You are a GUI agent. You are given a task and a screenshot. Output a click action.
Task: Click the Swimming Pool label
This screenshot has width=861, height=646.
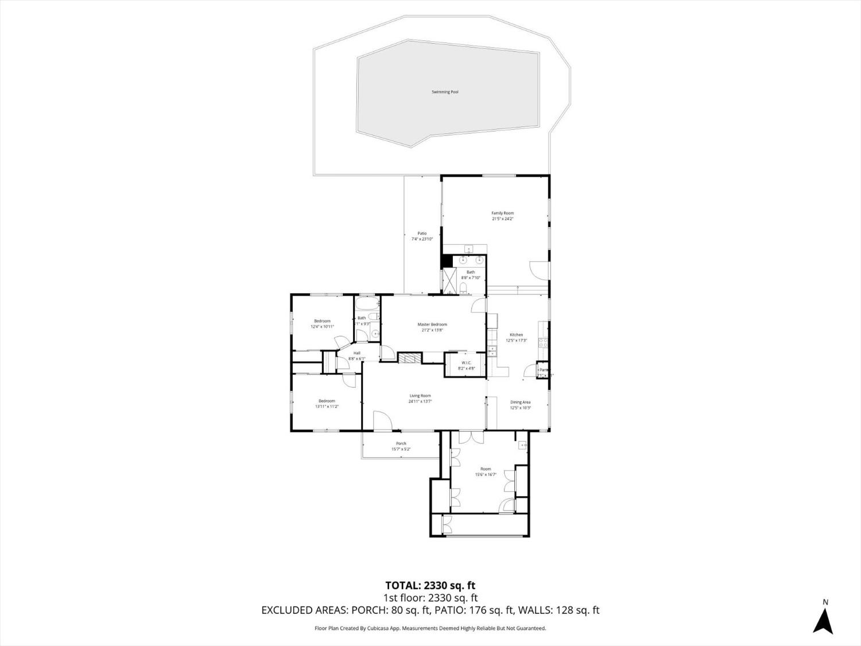pos(445,92)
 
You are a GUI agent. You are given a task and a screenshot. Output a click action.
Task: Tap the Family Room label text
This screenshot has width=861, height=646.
pos(502,213)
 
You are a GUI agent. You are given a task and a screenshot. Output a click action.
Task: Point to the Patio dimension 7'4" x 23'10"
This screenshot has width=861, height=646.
pos(422,239)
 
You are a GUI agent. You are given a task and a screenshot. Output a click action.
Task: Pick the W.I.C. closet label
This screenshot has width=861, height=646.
pos(466,362)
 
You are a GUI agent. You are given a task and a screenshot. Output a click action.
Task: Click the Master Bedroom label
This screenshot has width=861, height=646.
pos(432,324)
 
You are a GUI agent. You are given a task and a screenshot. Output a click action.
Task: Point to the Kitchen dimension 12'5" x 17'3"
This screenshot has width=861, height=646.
pos(516,341)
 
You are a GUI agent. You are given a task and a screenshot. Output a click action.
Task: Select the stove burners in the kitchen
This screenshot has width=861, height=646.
pos(541,343)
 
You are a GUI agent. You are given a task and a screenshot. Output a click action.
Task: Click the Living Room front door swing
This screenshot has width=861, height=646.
pos(382,420)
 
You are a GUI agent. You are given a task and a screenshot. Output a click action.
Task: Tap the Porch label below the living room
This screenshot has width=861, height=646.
pos(401,443)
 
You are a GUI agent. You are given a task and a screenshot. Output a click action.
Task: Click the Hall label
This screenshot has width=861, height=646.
pos(356,353)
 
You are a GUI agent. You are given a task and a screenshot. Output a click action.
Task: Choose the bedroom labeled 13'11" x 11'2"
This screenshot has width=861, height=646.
pos(327,404)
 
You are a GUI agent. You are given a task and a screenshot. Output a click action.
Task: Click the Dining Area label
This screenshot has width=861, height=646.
pos(520,402)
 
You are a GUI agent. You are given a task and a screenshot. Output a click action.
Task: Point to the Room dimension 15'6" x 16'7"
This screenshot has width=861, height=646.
pos(485,475)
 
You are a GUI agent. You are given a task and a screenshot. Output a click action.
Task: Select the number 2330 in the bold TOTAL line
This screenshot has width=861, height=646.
pos(437,586)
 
